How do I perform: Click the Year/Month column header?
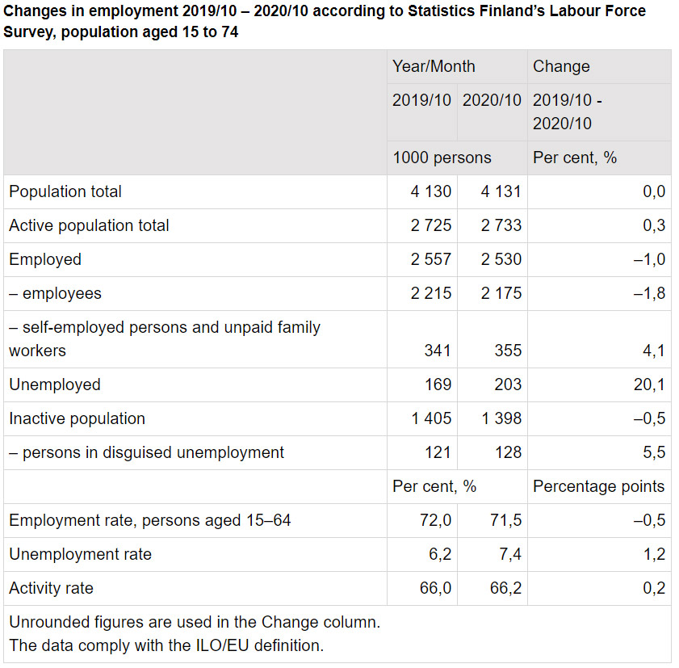pyautogui.click(x=434, y=67)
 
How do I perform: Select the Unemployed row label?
pyautogui.click(x=55, y=384)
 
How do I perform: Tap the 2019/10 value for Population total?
pyautogui.click(x=431, y=191)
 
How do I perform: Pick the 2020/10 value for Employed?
pyautogui.click(x=501, y=259)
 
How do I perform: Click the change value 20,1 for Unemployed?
pyautogui.click(x=649, y=384)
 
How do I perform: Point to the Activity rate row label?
pyautogui.click(x=51, y=588)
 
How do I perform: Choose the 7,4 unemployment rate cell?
pyautogui.click(x=506, y=554)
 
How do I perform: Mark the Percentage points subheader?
pyautogui.click(x=598, y=486)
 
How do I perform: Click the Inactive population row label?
pyautogui.click(x=77, y=418)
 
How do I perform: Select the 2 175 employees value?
pyautogui.click(x=501, y=293)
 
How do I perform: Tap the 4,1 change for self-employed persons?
pyautogui.click(x=655, y=351)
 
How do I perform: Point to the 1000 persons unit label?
pyautogui.click(x=442, y=158)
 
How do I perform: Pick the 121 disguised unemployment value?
pyautogui.click(x=438, y=452)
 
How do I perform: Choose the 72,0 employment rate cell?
pyautogui.click(x=436, y=520)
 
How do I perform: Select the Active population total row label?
pyautogui.click(x=89, y=225)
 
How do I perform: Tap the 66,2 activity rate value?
pyautogui.click(x=506, y=588)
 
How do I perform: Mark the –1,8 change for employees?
pyautogui.click(x=650, y=293)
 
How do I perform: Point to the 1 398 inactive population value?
pyautogui.click(x=501, y=418)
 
